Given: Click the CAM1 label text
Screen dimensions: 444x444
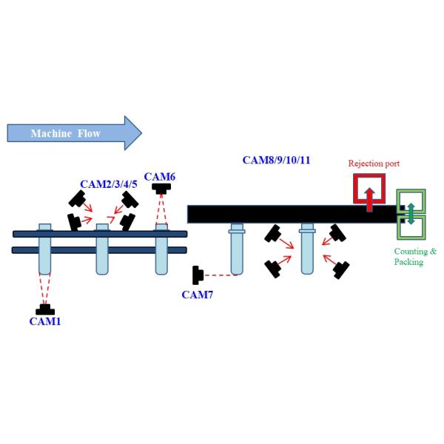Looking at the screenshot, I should click(x=45, y=321).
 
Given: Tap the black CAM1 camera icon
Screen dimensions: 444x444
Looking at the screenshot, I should click(x=45, y=309).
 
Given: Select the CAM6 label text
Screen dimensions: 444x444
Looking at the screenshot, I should click(x=160, y=176).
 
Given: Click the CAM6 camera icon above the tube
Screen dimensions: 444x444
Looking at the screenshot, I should click(x=160, y=190).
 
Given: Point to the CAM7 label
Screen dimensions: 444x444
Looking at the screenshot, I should click(x=198, y=295).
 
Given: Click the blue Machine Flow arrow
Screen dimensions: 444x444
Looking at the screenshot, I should click(x=74, y=133).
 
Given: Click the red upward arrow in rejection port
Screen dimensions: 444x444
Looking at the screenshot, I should click(x=369, y=195).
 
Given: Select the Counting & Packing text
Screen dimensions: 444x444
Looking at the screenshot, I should click(x=415, y=256).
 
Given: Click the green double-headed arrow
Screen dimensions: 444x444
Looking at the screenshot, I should click(x=411, y=214).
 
